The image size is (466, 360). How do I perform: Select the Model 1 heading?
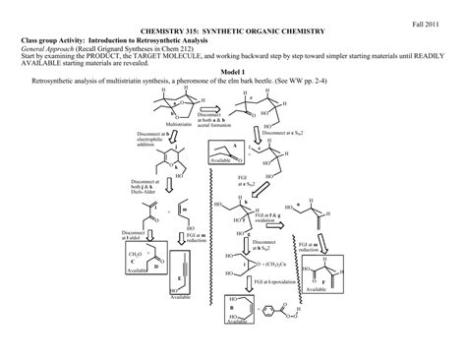(x=232, y=72)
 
